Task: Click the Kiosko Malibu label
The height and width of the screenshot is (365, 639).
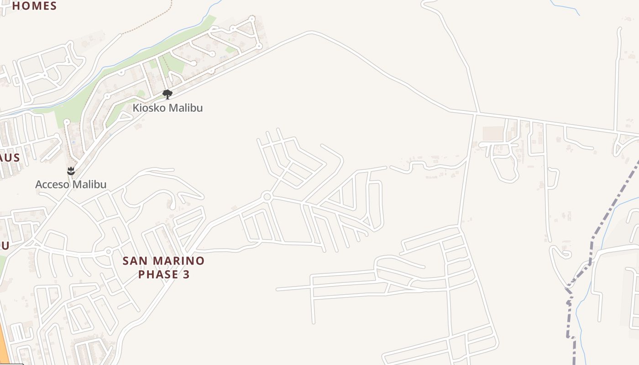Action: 168,108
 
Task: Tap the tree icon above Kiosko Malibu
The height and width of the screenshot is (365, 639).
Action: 168,94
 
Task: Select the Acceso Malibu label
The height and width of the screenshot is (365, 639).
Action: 71,184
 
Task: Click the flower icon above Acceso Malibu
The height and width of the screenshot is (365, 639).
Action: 71,171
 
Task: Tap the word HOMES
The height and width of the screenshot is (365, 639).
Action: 34,6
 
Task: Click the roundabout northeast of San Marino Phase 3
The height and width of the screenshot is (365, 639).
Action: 267,197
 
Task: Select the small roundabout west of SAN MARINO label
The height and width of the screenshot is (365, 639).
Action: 109,251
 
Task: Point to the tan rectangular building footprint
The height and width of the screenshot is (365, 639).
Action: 493,134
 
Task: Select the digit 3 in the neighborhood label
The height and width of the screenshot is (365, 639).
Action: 186,274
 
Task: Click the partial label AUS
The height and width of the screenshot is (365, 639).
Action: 9,157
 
